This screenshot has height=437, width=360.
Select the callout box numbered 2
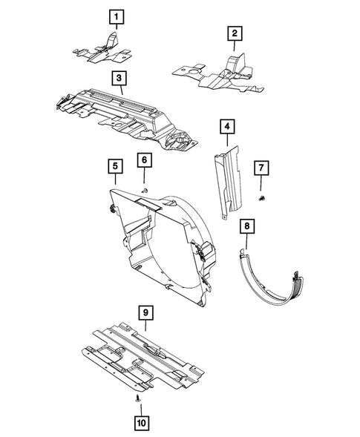click(234, 33)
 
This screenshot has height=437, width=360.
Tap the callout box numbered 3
click(118, 77)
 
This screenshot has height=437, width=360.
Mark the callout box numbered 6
click(144, 160)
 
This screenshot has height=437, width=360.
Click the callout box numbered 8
click(248, 226)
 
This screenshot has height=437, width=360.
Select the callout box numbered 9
click(145, 312)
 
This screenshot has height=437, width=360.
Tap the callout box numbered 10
click(140, 423)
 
